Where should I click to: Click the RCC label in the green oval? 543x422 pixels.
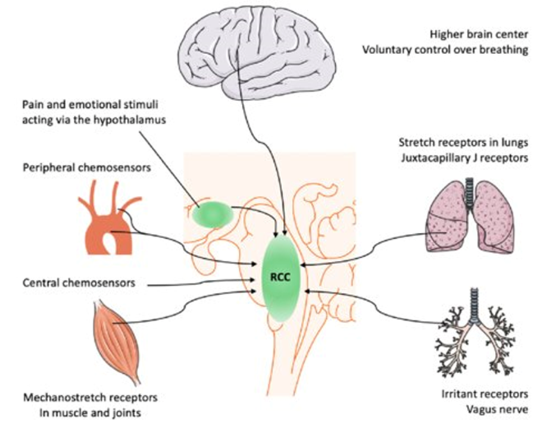(280, 277)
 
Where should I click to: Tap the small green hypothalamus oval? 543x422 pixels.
(213, 214)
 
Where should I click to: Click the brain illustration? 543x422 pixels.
(259, 52)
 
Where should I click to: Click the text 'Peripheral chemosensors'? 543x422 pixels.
(87, 168)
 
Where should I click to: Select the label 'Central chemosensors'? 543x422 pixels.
(79, 283)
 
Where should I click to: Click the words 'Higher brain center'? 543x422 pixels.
(479, 35)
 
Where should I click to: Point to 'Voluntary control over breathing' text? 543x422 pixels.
(445, 50)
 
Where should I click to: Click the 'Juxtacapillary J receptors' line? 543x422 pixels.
(465, 158)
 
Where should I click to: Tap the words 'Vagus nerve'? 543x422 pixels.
(497, 410)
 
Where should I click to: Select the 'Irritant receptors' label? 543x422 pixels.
(485, 394)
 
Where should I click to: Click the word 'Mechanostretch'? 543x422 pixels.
(63, 398)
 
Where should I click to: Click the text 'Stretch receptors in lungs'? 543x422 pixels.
(463, 142)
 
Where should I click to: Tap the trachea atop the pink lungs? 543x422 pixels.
(470, 193)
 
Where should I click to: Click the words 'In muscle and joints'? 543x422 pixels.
(90, 412)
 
